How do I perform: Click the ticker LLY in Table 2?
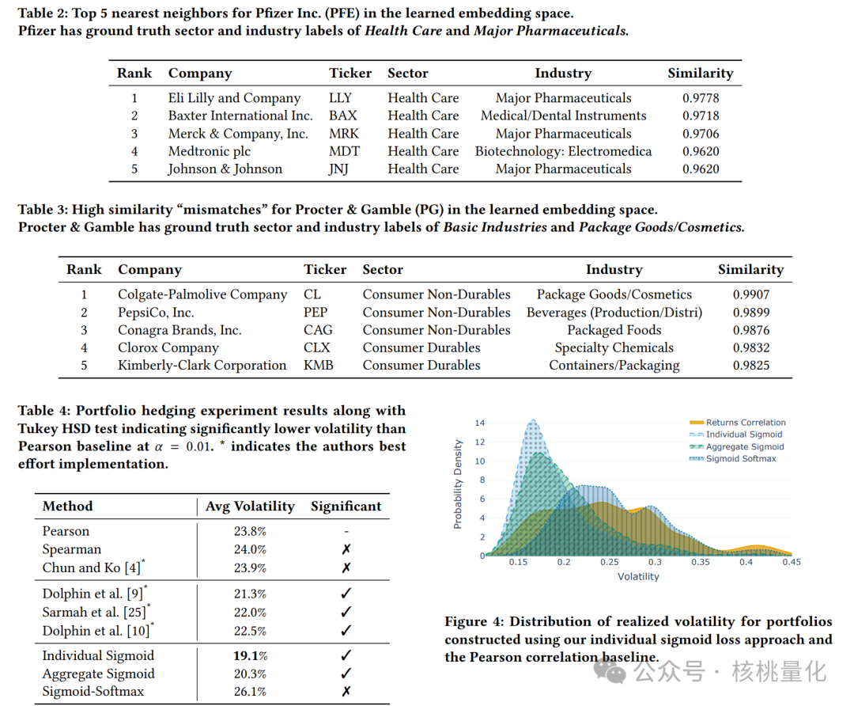tap(340, 98)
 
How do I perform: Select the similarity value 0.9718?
tap(701, 116)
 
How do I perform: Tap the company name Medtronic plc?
tap(209, 151)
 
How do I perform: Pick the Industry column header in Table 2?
tap(563, 74)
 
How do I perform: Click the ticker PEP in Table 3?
tap(316, 313)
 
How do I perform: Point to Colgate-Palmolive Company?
tap(202, 294)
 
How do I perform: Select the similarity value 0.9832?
tap(750, 347)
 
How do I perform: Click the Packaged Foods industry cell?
tap(614, 330)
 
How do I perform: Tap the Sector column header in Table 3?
tap(383, 270)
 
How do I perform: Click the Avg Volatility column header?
tap(250, 507)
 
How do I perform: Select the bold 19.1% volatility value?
tap(250, 655)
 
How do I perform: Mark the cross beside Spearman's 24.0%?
tap(346, 549)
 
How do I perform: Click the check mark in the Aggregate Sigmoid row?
tap(346, 674)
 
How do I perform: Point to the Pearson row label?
tap(66, 531)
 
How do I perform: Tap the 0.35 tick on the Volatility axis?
tap(701, 562)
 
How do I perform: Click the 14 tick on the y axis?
tap(479, 423)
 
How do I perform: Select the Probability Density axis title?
tap(458, 484)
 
